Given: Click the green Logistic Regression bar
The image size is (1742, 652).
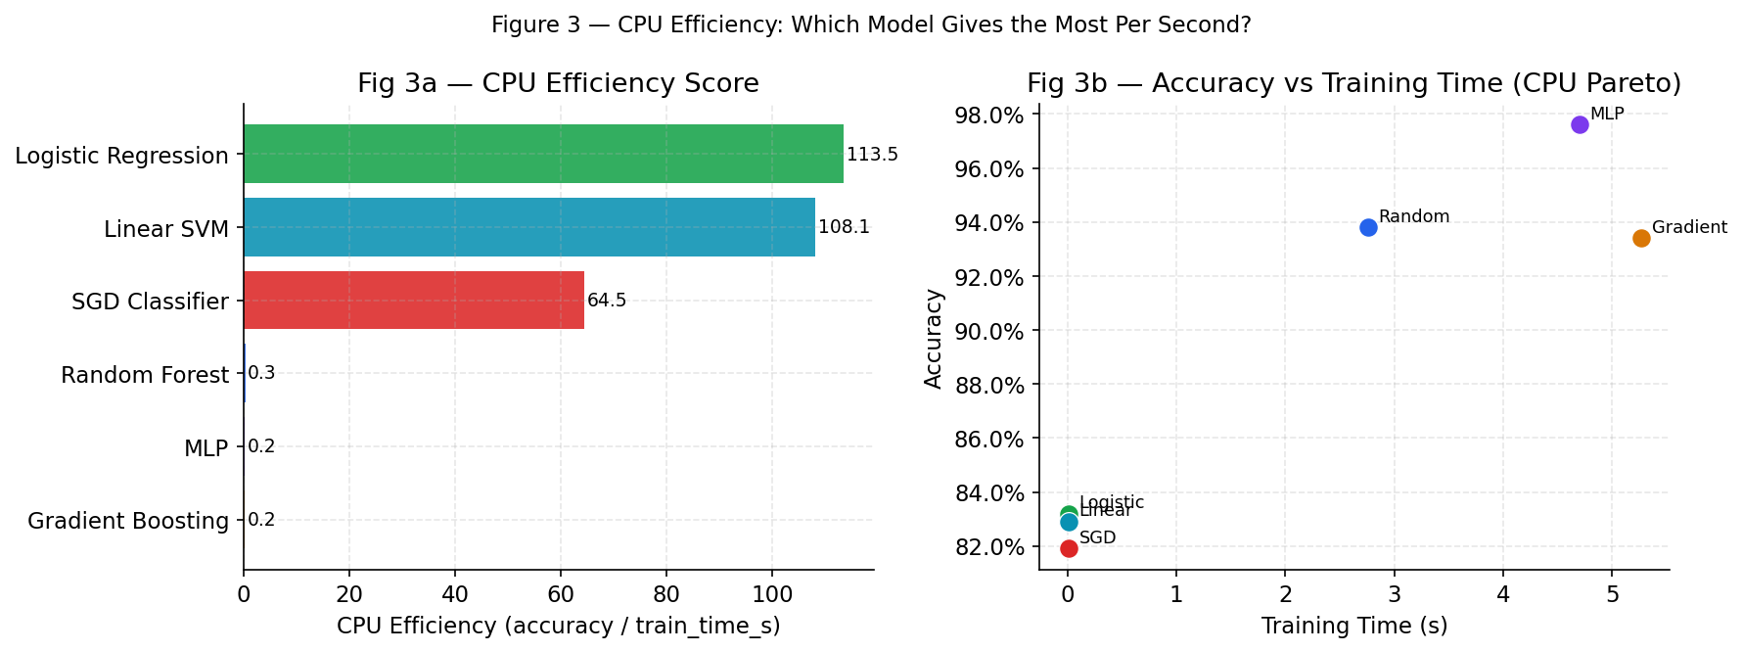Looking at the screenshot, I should tap(543, 154).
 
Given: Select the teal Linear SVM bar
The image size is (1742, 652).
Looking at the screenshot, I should tap(528, 227).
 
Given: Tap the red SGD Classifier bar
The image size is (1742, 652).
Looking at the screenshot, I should tap(413, 301).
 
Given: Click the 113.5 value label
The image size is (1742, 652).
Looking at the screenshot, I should tap(872, 155).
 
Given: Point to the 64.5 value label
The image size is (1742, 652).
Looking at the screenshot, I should tap(607, 301).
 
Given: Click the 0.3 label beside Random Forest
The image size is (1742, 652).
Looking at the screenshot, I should tap(261, 373).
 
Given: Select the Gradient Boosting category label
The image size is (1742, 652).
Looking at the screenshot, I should tap(128, 521).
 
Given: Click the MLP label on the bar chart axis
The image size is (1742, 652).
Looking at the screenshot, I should tap(206, 448).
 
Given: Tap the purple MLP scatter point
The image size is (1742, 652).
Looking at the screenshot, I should tap(1580, 124).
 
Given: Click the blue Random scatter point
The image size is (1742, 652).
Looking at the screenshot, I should tap(1368, 227).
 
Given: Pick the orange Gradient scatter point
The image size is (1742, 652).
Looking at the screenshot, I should tap(1641, 238).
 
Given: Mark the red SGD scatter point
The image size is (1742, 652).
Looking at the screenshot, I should tap(1069, 548).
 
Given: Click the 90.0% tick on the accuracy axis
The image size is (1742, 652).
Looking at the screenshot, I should tap(988, 331).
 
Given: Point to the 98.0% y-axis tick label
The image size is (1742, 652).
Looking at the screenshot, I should tap(988, 116).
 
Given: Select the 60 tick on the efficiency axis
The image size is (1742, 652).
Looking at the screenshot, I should tap(560, 593).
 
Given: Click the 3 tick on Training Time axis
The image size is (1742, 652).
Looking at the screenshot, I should tap(1394, 593).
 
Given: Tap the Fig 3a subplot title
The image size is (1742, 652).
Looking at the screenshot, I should tap(558, 83).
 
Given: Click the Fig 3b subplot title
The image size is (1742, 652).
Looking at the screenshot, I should tap(1353, 83).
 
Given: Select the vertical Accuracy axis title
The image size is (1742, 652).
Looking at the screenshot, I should tap(934, 338).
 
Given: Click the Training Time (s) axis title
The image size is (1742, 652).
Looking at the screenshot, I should tap(1353, 626).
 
